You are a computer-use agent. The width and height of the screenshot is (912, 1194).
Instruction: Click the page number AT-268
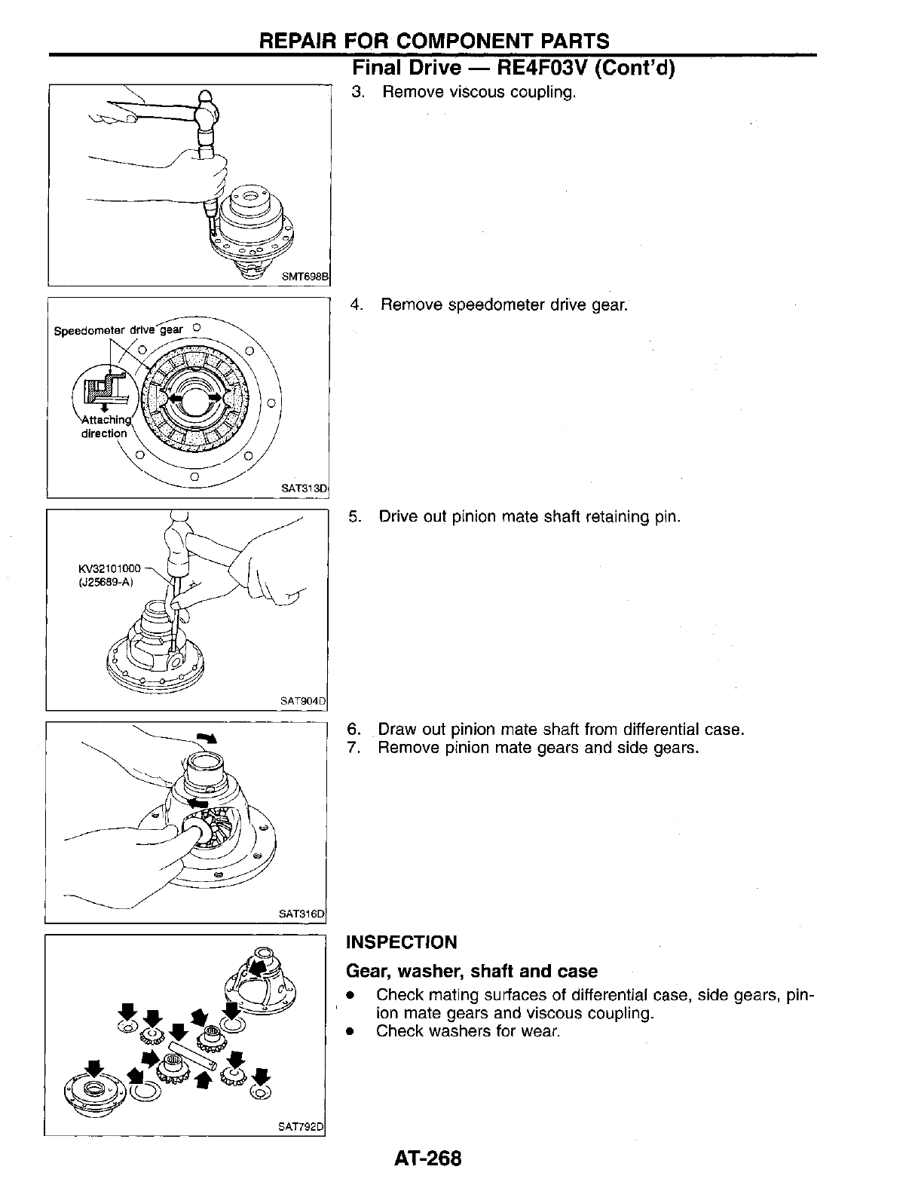click(x=427, y=1158)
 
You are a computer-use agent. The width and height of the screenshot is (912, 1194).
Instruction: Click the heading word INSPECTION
click(x=401, y=942)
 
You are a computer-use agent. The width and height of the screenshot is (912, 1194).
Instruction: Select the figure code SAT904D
click(x=302, y=701)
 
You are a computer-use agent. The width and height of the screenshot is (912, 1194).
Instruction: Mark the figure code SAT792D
click(x=301, y=1127)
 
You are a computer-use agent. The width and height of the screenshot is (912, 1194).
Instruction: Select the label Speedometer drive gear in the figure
click(x=118, y=330)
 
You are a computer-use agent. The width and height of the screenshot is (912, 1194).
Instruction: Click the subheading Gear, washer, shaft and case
click(x=471, y=971)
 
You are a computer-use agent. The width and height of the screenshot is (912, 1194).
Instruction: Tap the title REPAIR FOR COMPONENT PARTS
click(x=433, y=41)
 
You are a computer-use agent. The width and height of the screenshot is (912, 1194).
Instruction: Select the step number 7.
click(x=352, y=748)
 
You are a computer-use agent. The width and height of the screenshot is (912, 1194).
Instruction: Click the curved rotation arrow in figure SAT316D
click(x=207, y=738)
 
